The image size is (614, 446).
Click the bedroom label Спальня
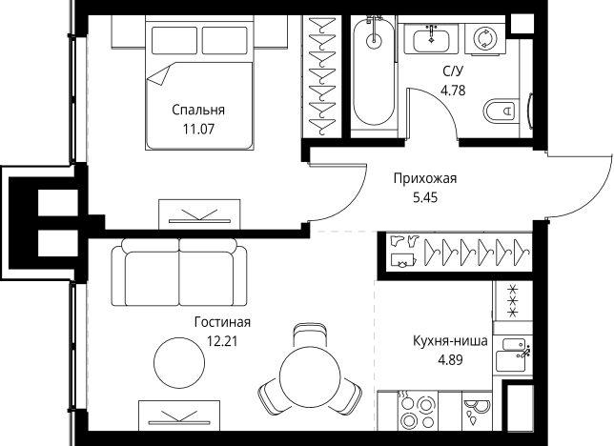point(198,109)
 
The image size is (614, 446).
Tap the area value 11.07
point(198,127)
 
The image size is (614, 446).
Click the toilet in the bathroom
point(501,111)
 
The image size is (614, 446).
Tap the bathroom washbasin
point(432,39)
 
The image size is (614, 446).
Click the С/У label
point(453,72)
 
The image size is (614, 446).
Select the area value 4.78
point(453,91)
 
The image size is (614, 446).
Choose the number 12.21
point(221,339)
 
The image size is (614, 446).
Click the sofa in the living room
point(178,273)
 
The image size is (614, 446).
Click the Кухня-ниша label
point(451,341)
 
